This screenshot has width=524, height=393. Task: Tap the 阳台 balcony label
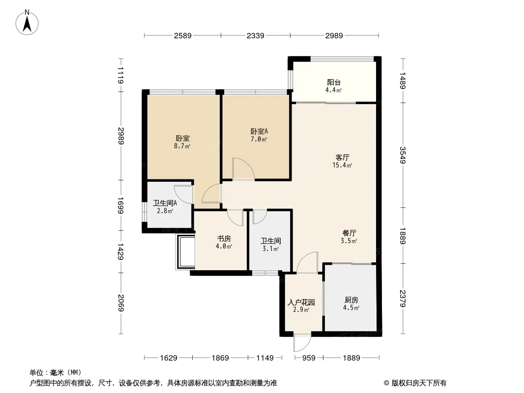pos(334,83)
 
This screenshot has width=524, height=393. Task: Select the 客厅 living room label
pos(342,157)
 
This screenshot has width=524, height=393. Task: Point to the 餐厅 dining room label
pos(349,233)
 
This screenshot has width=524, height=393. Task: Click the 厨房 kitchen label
pos(351,300)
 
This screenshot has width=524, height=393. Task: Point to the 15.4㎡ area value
pos(342,166)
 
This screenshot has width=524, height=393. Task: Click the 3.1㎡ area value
pos(270,249)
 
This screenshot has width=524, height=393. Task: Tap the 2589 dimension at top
pos(182,35)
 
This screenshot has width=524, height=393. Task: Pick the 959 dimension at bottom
pos(308,358)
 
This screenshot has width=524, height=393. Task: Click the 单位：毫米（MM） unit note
pos(56,372)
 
